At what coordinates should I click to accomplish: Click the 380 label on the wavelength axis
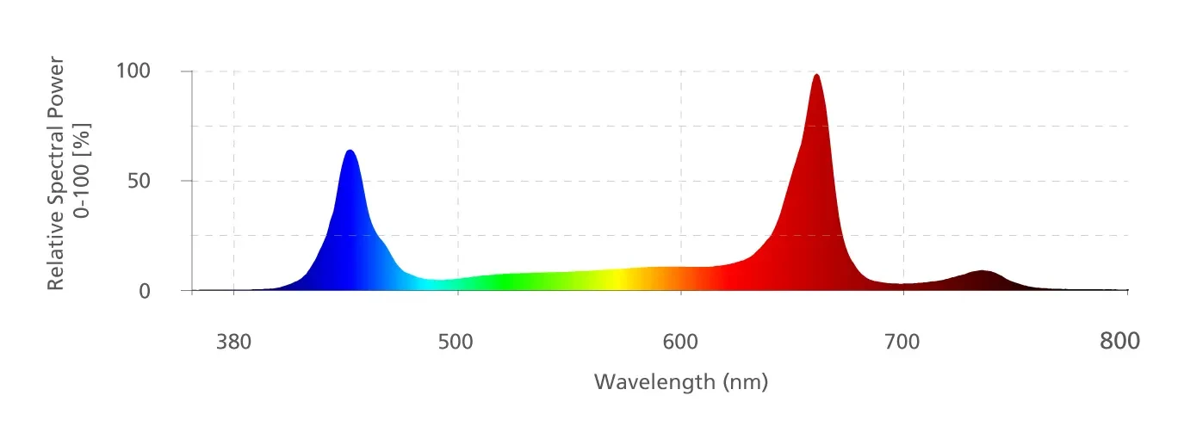(233, 343)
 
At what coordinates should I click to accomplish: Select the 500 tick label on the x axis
(456, 343)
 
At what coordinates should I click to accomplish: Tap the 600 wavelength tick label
(680, 343)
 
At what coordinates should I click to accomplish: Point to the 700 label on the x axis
(902, 343)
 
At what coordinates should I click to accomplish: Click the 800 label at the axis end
(1120, 342)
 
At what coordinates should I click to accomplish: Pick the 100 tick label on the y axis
(133, 71)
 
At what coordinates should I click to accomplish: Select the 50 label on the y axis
(139, 181)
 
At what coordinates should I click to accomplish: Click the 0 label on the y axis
(145, 291)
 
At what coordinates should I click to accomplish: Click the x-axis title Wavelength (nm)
(680, 380)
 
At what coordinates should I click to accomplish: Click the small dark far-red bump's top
(981, 272)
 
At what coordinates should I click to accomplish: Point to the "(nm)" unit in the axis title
(746, 380)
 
